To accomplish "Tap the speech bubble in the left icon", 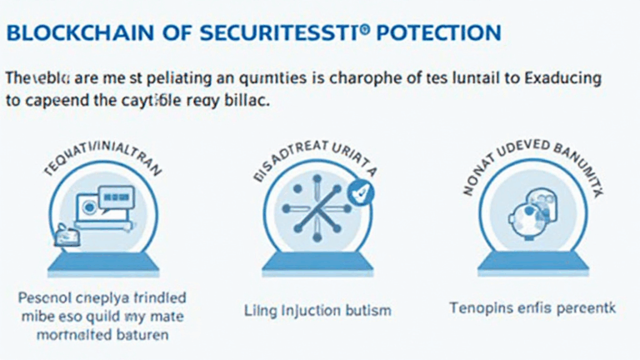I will (116, 198).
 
